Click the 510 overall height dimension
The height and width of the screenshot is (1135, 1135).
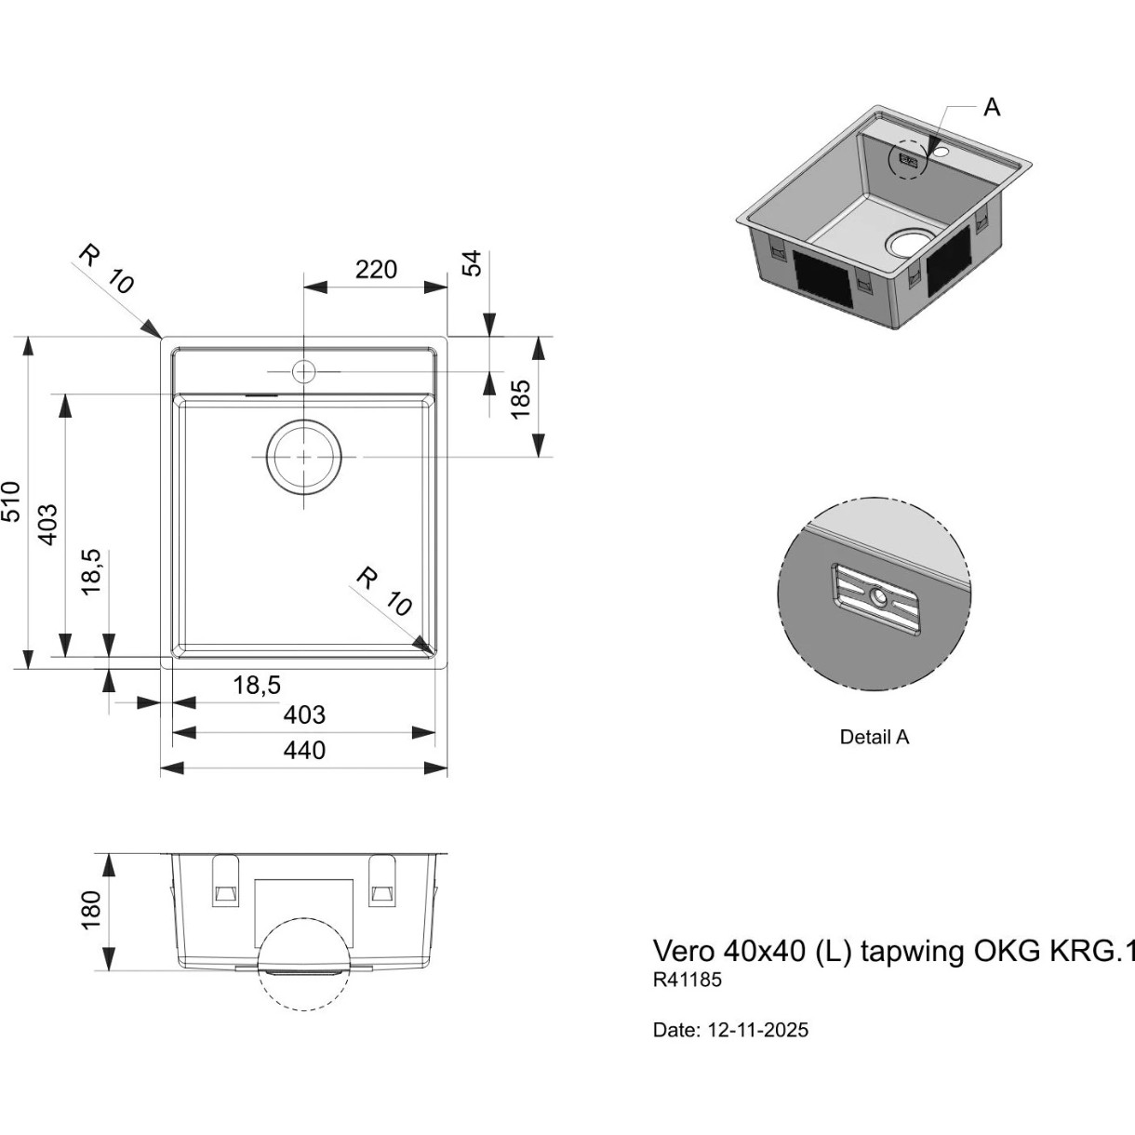click(x=12, y=501)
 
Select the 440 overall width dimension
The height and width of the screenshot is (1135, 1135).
click(x=304, y=751)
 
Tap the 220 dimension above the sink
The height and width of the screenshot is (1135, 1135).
click(x=377, y=270)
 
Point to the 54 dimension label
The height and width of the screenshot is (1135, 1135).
click(x=473, y=263)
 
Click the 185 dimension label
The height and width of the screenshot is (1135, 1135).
click(x=521, y=399)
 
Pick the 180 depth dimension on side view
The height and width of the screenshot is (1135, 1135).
click(x=90, y=910)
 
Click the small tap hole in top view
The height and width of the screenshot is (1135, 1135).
click(x=304, y=372)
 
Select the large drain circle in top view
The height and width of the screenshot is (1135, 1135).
click(x=304, y=457)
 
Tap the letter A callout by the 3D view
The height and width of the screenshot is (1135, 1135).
click(x=993, y=108)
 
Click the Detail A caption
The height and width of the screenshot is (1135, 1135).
click(x=875, y=737)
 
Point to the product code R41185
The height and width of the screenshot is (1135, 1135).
click(x=688, y=980)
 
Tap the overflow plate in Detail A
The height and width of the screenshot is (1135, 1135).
click(x=875, y=601)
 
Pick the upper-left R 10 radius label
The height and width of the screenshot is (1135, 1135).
click(x=107, y=269)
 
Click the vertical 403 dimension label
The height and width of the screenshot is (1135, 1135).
click(x=48, y=525)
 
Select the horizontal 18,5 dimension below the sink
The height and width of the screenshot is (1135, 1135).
click(x=257, y=686)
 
